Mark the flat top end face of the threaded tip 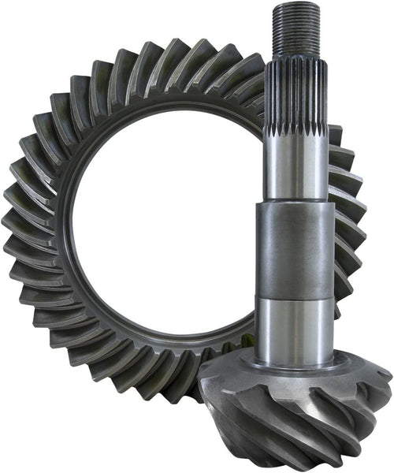[x=297, y=6]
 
